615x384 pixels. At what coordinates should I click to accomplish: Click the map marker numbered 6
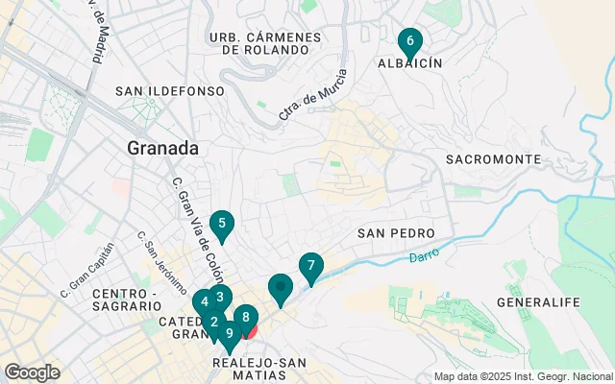click(x=410, y=42)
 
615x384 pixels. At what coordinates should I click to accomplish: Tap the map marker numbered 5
click(x=222, y=226)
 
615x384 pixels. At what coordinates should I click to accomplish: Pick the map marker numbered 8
click(x=246, y=317)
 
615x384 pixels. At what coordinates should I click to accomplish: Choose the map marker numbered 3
click(x=220, y=298)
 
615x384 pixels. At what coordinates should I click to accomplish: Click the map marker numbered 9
click(x=230, y=334)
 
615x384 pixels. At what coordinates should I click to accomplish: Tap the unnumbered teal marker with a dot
click(x=281, y=287)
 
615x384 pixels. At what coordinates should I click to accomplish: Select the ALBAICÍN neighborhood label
click(x=409, y=62)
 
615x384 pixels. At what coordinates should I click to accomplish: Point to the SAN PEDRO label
click(x=396, y=233)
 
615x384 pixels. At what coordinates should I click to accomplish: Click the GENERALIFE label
click(x=539, y=302)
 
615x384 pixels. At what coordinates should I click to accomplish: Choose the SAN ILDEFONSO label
click(x=169, y=91)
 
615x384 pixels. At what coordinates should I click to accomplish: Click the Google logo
click(x=32, y=372)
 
